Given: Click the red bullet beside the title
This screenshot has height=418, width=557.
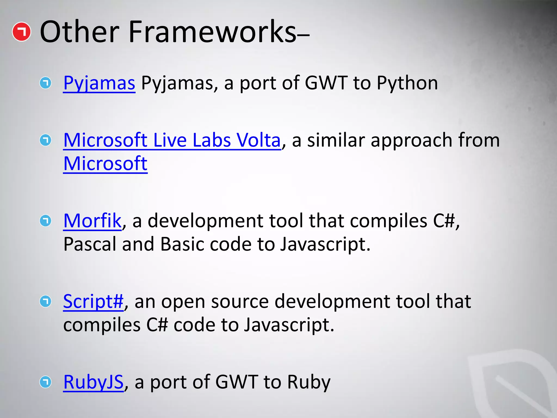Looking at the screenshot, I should (21, 32).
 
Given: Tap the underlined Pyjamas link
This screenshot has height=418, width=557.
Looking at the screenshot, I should (99, 83).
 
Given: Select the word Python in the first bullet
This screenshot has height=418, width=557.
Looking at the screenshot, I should (407, 83).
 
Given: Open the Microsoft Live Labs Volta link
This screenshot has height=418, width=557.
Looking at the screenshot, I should (172, 140).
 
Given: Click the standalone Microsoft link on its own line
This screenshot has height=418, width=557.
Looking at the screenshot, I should (105, 164).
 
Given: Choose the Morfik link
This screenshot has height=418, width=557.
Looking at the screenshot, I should (92, 220).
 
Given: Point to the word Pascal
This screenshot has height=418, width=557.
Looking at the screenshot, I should (89, 244).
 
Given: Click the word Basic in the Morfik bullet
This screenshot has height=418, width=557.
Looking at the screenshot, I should (182, 244).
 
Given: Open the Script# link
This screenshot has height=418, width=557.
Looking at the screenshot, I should (93, 301).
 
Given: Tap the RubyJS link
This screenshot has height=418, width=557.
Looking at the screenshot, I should (93, 382).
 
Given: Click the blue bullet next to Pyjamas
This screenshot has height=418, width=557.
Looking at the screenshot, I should (45, 83).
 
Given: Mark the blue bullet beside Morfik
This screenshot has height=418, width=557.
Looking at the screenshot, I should (45, 220).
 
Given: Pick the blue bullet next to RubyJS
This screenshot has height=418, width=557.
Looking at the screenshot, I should (45, 382).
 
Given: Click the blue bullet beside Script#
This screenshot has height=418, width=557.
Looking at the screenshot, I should (45, 301).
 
